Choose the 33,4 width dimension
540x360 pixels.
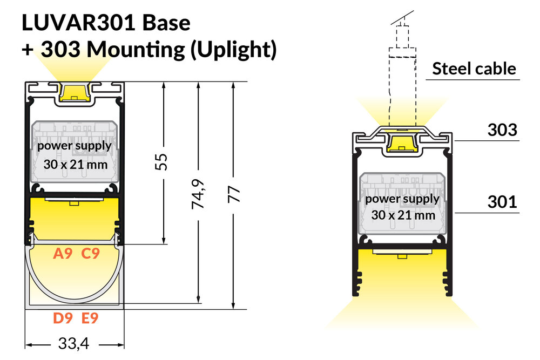point(75,344)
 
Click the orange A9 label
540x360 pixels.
point(63,253)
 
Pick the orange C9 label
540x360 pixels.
point(90,253)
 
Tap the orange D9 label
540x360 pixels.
point(63,318)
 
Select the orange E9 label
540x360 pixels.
point(90,318)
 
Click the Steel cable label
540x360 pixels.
point(474,69)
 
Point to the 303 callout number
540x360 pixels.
point(503,130)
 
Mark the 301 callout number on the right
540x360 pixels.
point(503,202)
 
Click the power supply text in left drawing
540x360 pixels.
point(75,146)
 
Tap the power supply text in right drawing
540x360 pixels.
point(403,199)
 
